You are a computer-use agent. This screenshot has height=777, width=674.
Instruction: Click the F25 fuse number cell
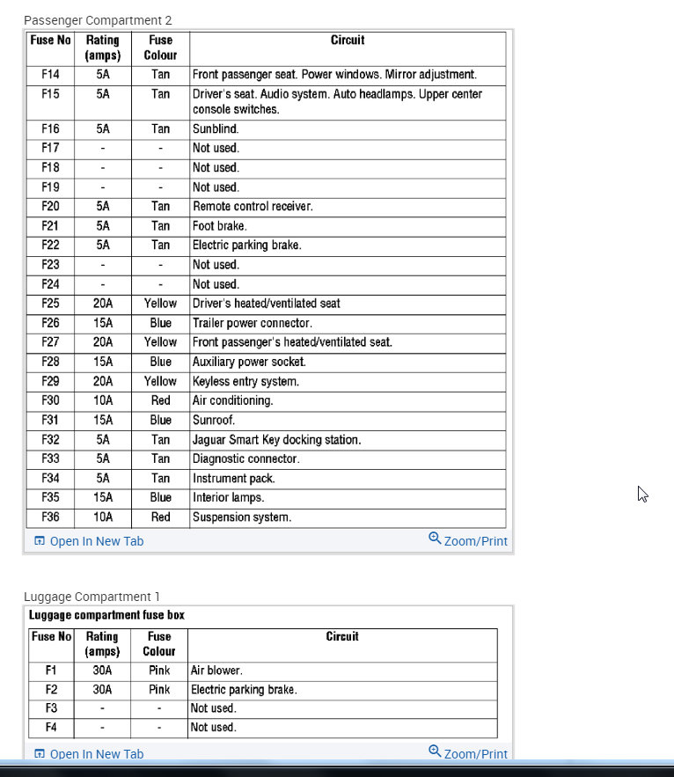point(50,304)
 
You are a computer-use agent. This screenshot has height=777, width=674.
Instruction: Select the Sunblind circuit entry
point(216,129)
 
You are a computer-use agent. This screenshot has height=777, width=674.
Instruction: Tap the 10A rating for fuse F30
point(103,400)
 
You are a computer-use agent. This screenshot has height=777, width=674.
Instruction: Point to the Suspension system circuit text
point(241,517)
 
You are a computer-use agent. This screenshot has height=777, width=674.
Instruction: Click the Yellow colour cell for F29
point(160,381)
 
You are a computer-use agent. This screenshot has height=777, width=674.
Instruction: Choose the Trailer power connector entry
point(252,323)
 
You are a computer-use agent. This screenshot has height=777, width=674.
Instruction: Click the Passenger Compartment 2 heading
point(98,20)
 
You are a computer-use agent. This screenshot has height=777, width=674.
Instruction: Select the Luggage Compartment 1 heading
point(92,597)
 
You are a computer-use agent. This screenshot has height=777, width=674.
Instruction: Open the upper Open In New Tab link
point(89,541)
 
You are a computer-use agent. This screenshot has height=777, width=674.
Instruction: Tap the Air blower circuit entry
point(216,671)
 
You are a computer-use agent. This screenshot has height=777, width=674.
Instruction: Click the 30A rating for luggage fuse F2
point(102,690)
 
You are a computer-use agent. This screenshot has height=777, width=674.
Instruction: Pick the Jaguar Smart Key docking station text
point(276,439)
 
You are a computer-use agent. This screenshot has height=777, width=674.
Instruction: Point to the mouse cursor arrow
point(642,494)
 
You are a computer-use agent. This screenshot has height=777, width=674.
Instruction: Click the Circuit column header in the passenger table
point(348,40)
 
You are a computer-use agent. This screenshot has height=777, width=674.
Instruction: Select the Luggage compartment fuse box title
point(106,615)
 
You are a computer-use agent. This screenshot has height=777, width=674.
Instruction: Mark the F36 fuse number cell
point(50,517)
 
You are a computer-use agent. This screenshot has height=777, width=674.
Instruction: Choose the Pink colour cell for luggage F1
point(159,671)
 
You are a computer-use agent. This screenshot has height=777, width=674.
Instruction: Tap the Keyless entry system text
point(245,381)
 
